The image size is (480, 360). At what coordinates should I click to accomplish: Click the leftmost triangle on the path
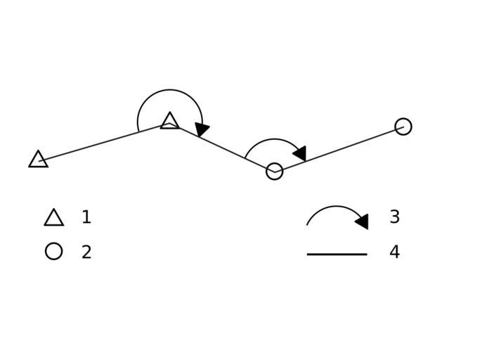(38, 160)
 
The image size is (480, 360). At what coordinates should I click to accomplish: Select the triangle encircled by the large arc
(169, 122)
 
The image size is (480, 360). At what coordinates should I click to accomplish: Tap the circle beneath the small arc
(275, 171)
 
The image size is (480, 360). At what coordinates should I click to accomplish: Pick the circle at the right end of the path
(403, 127)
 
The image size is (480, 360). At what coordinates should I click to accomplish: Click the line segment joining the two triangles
(104, 142)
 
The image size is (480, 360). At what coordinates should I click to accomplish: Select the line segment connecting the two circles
(339, 149)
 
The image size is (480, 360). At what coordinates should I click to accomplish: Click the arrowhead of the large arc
(202, 129)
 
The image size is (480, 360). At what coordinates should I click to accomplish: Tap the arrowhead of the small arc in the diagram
(300, 153)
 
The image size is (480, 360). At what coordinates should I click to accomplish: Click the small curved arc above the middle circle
(271, 140)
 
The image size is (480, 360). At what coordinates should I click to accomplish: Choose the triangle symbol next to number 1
(53, 218)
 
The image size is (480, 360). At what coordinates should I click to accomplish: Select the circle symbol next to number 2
(53, 251)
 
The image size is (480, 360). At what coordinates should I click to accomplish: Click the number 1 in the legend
(86, 217)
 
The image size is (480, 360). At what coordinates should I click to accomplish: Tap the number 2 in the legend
(86, 252)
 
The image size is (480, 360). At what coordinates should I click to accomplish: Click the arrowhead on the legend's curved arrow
(362, 221)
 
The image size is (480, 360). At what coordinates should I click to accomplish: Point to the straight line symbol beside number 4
(337, 254)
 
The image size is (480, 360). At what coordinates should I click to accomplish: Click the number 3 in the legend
(394, 217)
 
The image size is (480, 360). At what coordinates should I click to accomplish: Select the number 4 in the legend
(394, 252)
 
